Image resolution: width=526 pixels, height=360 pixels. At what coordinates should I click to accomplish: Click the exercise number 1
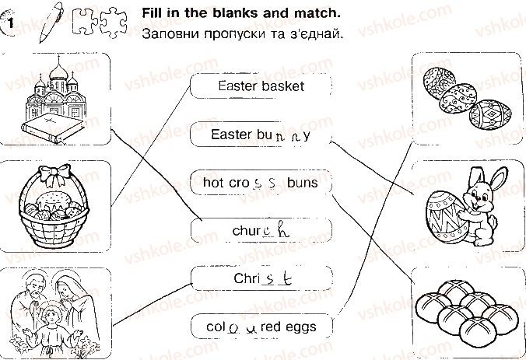10,23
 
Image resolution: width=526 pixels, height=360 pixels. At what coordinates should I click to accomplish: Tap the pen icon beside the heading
51,22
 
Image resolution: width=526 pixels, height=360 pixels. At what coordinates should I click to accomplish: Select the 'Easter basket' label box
261,86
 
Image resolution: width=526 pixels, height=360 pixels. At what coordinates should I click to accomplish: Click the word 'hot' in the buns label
214,183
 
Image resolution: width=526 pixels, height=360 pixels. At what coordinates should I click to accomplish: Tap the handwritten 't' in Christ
286,278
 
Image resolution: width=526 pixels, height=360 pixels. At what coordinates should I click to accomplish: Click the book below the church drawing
53,128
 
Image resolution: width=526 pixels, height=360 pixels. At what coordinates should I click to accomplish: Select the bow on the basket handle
54,174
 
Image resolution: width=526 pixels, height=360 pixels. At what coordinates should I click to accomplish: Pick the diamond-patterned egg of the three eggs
491,114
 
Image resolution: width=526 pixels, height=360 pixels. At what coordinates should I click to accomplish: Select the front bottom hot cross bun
476,334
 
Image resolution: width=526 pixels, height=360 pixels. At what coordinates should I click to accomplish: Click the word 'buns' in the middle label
302,183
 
